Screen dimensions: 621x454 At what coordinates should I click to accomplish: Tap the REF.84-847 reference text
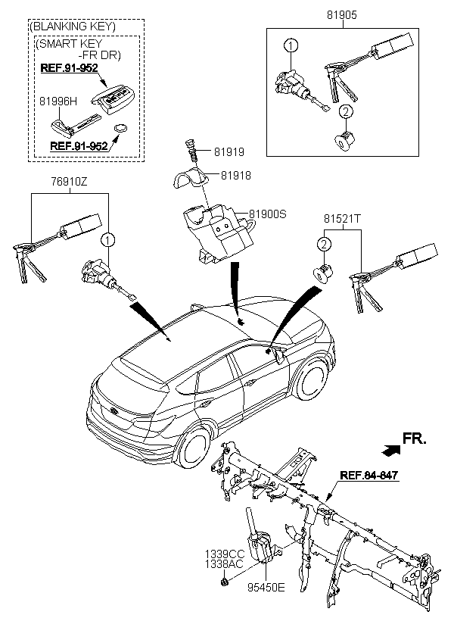[368, 476]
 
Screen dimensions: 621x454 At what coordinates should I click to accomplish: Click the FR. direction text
[415, 438]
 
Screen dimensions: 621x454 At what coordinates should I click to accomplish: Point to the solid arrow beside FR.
[390, 450]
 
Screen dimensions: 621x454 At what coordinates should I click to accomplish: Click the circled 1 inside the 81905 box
[290, 46]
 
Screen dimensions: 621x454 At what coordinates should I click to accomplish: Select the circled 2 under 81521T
[323, 244]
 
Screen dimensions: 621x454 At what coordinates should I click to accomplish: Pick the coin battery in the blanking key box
[120, 130]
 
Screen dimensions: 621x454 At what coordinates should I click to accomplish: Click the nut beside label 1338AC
[225, 582]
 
